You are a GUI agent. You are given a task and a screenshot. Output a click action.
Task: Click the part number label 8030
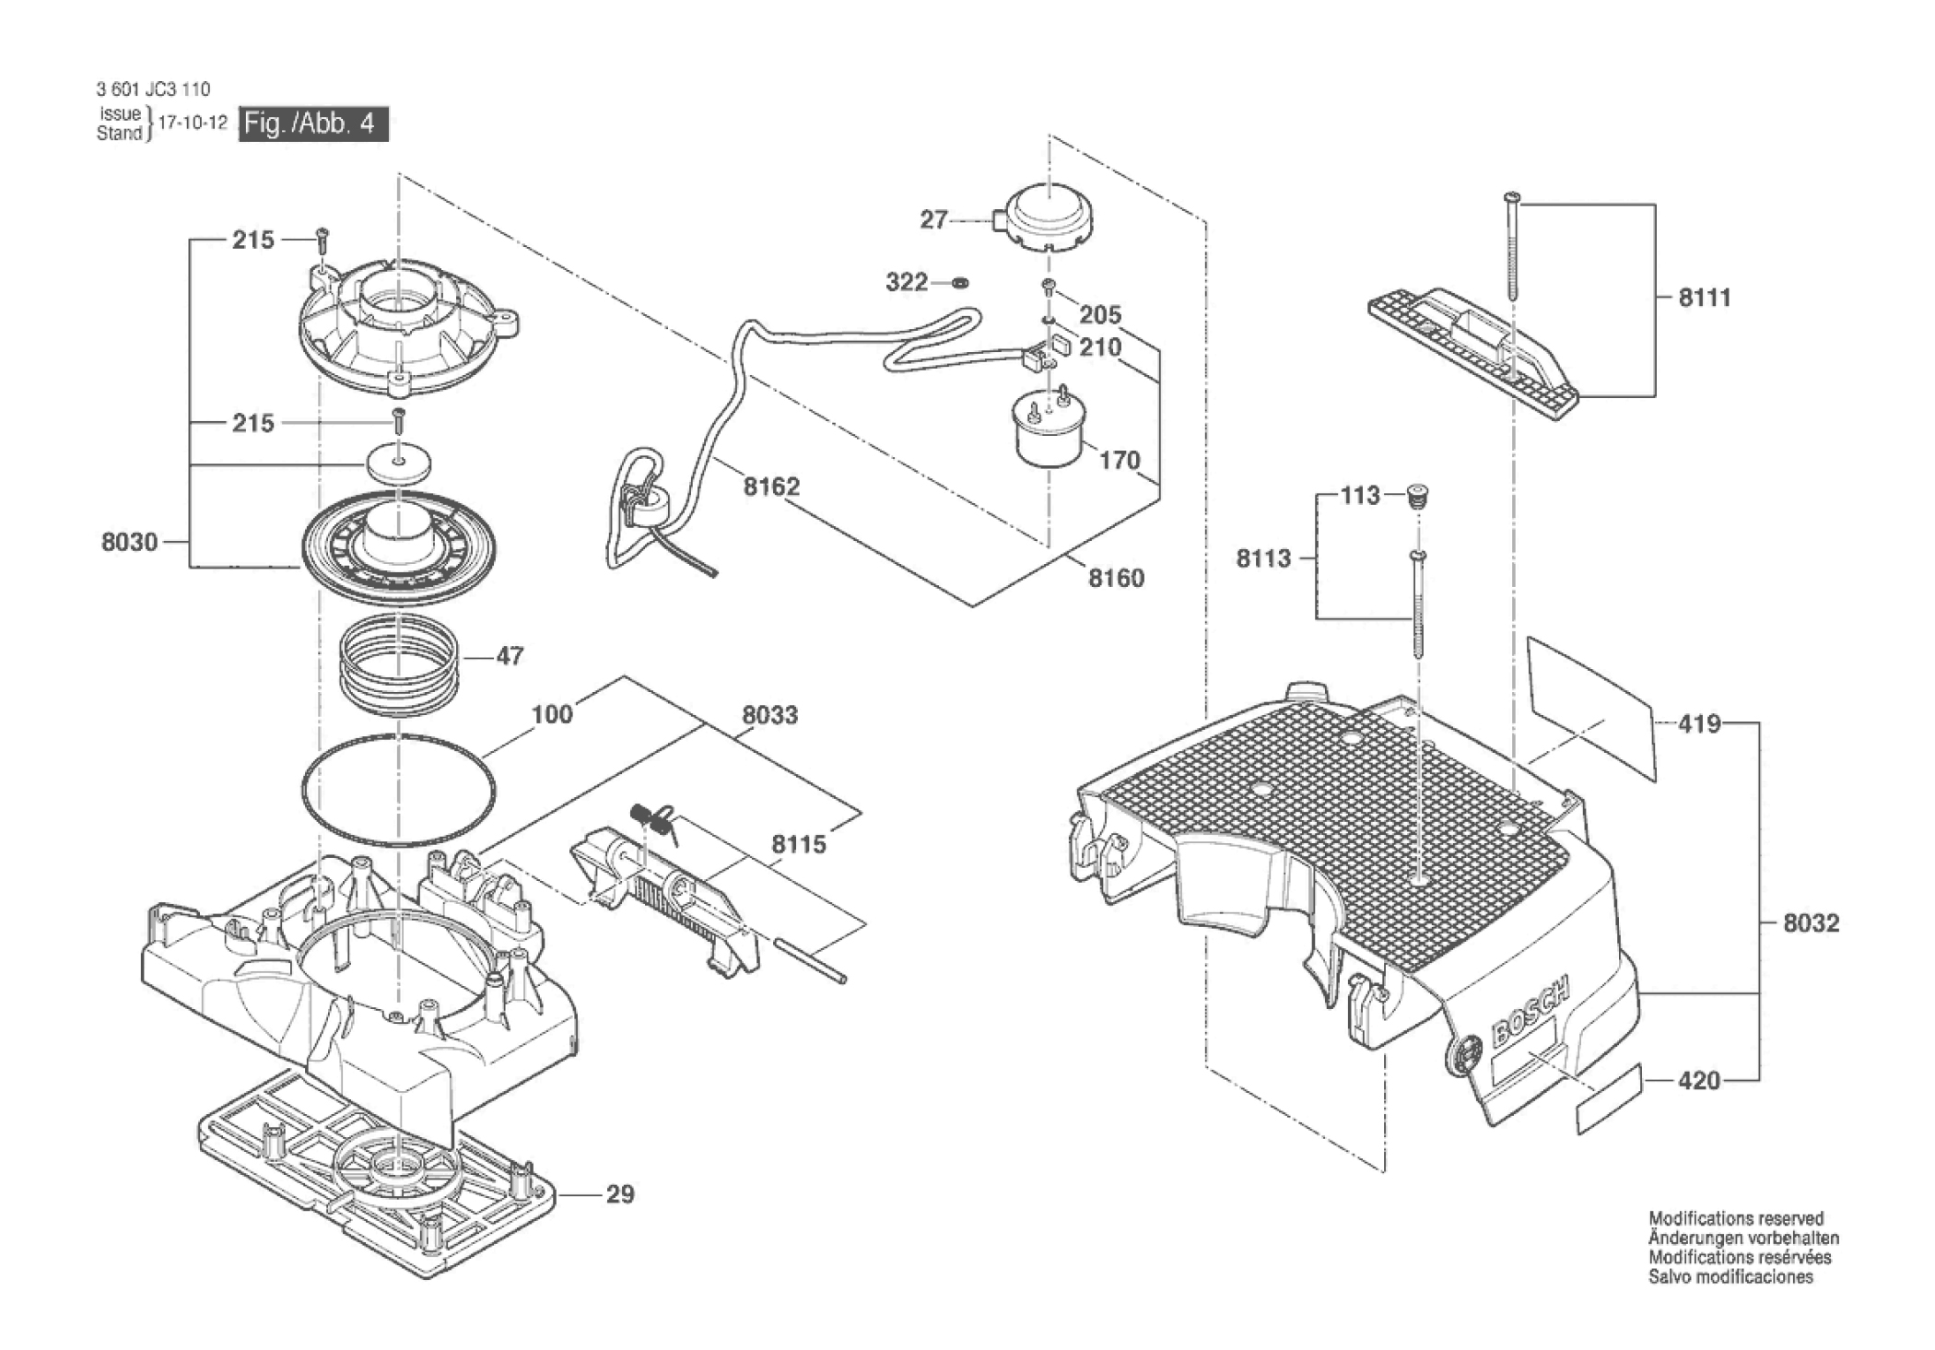pos(130,542)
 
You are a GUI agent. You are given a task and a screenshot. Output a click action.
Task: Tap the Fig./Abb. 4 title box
pos(313,123)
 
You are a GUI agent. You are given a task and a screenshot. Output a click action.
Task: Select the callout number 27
pos(934,219)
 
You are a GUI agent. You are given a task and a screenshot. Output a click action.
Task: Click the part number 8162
pos(771,487)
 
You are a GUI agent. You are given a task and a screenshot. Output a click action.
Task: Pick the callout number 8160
pos(1116,578)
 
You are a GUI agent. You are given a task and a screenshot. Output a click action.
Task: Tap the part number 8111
pos(1705,297)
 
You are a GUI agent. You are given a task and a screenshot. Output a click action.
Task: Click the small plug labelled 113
pos(1418,498)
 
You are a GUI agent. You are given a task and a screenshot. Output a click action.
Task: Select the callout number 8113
pos(1263,558)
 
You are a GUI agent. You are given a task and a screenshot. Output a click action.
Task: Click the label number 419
pos(1699,723)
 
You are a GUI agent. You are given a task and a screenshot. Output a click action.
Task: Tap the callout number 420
pos(1699,1080)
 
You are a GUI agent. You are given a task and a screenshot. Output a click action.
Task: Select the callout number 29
pos(620,1194)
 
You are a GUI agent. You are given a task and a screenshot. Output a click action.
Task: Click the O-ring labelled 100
pos(398,790)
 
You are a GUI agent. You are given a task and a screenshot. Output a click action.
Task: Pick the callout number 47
pos(510,656)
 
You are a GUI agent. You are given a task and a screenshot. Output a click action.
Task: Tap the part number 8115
pos(799,844)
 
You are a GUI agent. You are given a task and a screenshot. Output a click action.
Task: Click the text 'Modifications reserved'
pos(1736,1218)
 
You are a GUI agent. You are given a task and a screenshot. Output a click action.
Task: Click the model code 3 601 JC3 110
pos(153,89)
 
